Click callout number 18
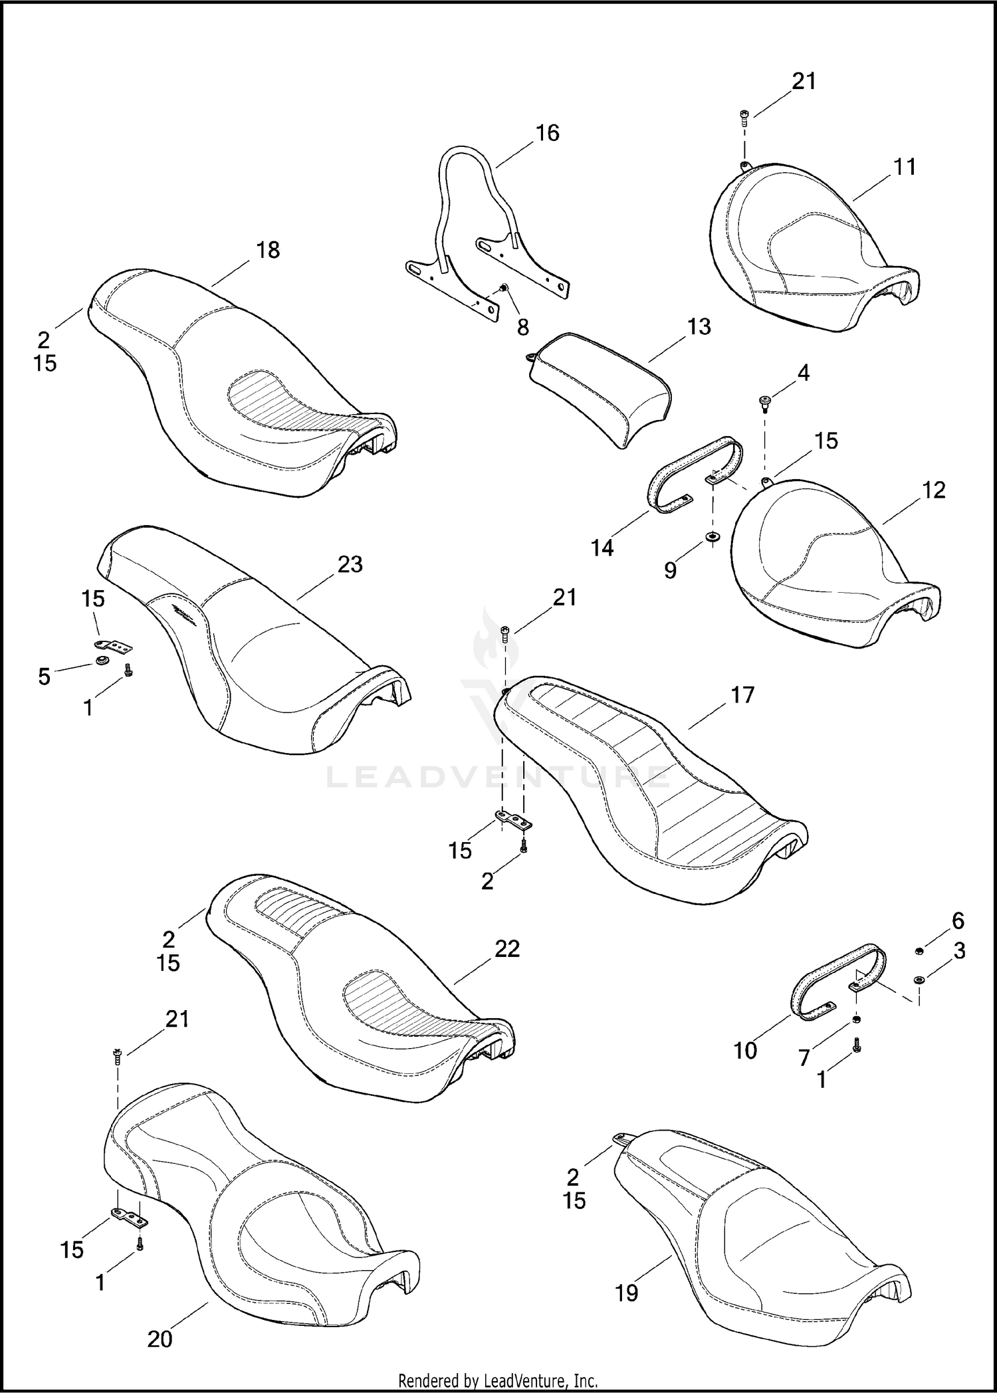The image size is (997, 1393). pyautogui.click(x=268, y=251)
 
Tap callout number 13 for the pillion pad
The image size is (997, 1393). pyautogui.click(x=699, y=327)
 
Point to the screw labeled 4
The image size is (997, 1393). pyautogui.click(x=765, y=402)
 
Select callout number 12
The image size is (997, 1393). pyautogui.click(x=934, y=490)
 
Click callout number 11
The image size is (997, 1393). pyautogui.click(x=905, y=167)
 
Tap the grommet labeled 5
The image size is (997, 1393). pyautogui.click(x=102, y=661)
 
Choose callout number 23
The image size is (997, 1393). pyautogui.click(x=350, y=564)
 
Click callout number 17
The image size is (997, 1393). pyautogui.click(x=742, y=695)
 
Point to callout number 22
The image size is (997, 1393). pyautogui.click(x=506, y=949)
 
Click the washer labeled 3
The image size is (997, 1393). pyautogui.click(x=919, y=979)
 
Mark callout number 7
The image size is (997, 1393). pyautogui.click(x=804, y=1057)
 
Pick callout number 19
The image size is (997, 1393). pyautogui.click(x=626, y=1293)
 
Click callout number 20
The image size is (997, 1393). pyautogui.click(x=160, y=1339)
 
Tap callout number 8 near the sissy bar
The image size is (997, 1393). pyautogui.click(x=523, y=327)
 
